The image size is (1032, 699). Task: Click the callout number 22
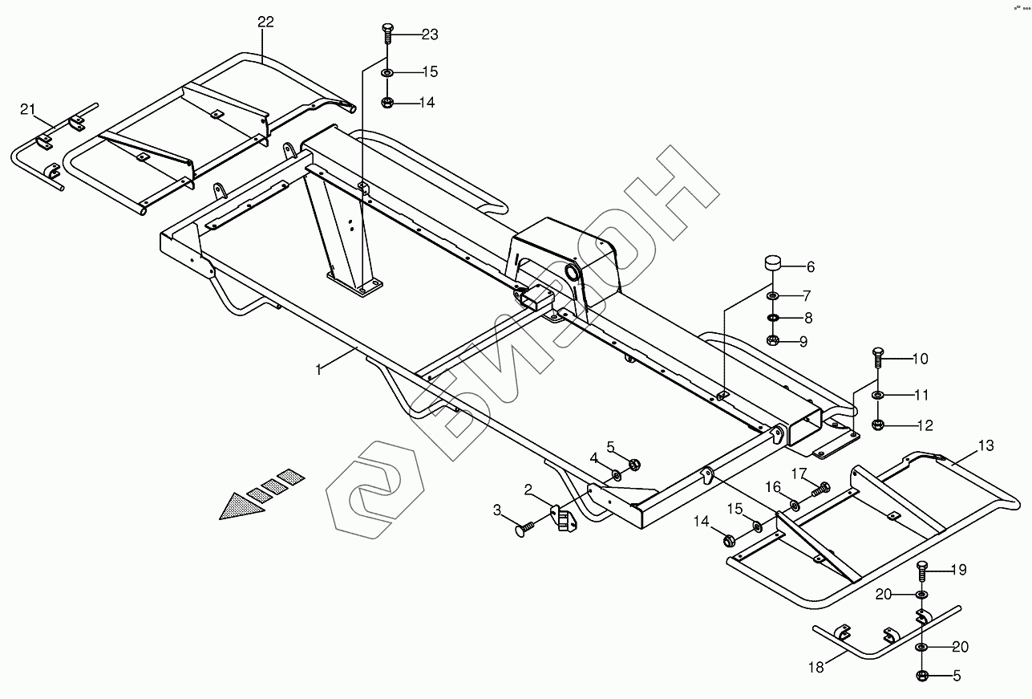(265, 22)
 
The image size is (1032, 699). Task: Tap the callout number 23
(430, 35)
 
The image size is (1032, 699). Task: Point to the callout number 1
(318, 369)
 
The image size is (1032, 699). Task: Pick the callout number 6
(810, 266)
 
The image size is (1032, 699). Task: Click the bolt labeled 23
(386, 33)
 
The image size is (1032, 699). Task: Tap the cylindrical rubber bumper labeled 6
(773, 263)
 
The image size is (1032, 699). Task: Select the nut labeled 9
(773, 340)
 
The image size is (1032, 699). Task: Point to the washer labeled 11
(877, 395)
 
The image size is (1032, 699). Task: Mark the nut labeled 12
(877, 424)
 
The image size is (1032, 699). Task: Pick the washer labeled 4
(615, 475)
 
